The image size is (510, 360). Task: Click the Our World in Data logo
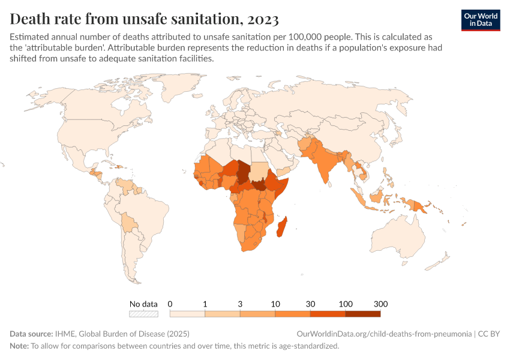tap(481, 20)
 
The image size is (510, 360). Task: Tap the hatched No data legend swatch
tap(143, 313)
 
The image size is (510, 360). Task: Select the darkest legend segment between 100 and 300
tap(363, 313)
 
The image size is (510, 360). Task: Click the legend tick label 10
tap(275, 304)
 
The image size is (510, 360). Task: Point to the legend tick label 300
tap(380, 304)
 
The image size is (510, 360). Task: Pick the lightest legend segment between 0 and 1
tap(187, 313)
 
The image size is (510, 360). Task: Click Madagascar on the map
tap(281, 229)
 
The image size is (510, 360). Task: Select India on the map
tap(326, 163)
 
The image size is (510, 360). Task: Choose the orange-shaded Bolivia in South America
tap(128, 224)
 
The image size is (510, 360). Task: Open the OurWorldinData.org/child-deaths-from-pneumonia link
tap(384, 334)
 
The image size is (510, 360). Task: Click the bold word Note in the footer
tap(18, 346)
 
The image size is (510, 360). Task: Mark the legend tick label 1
tap(205, 304)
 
